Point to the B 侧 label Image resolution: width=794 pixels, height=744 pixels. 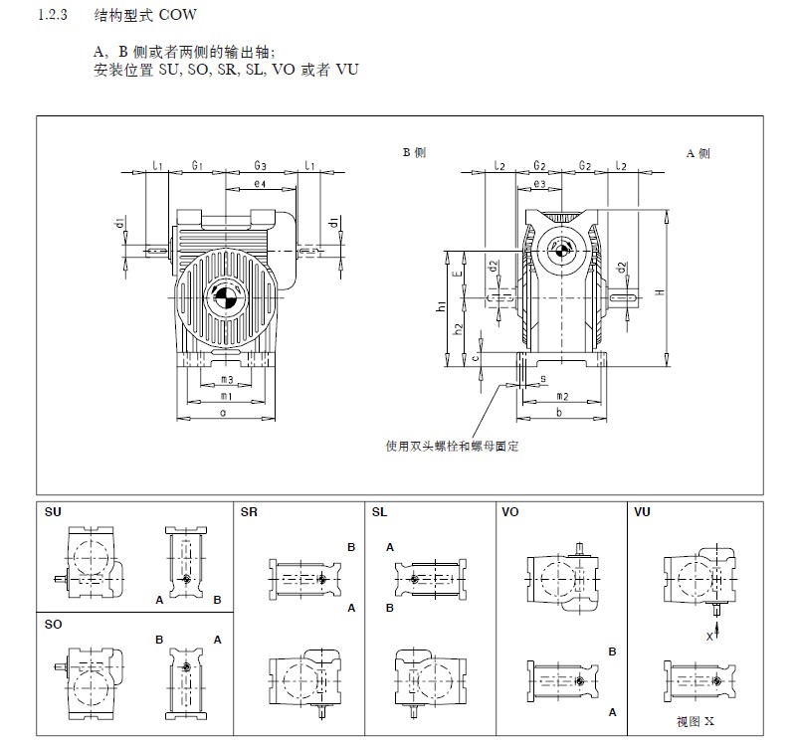[x=414, y=153]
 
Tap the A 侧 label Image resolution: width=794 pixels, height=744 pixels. [x=697, y=153]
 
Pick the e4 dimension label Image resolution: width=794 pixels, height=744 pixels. [x=259, y=184]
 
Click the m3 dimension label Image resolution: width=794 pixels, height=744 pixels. [x=227, y=379]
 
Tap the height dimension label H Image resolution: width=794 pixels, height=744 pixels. [x=660, y=291]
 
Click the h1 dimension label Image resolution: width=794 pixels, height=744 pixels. [x=441, y=309]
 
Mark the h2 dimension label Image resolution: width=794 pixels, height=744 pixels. [x=458, y=329]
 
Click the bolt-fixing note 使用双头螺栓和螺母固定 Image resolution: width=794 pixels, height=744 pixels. [x=452, y=447]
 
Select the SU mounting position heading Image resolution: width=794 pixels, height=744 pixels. [x=53, y=513]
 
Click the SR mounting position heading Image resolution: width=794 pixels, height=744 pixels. [x=249, y=513]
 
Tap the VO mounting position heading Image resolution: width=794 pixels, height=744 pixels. [x=510, y=513]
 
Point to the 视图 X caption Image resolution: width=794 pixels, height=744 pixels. [x=695, y=719]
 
